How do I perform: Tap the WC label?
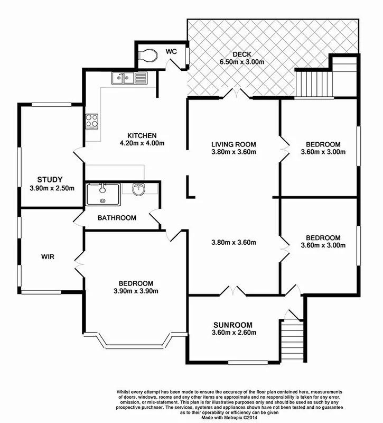pos(171,51)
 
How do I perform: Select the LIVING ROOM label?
pos(233,144)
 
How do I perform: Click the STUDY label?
pos(50,179)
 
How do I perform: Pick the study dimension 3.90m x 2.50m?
pos(50,188)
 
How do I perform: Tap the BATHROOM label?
pos(117,218)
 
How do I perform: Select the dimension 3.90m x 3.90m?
pos(136,291)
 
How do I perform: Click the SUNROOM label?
pos(233,325)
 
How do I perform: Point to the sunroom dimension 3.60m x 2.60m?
pos(233,333)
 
